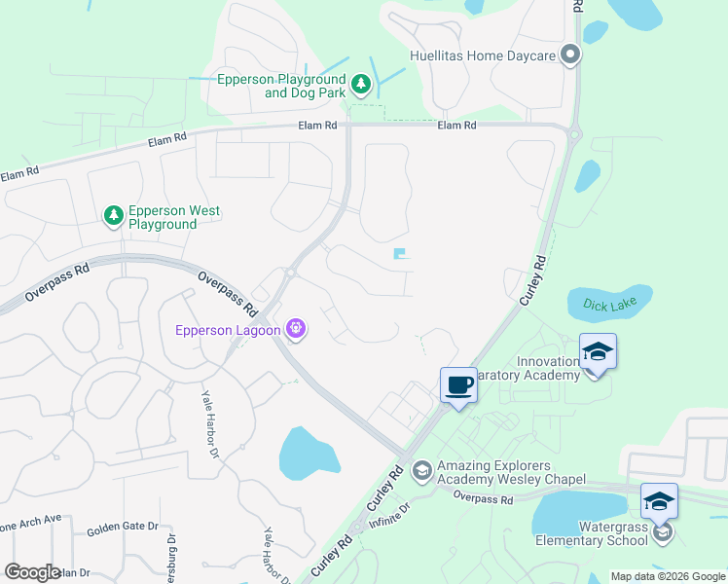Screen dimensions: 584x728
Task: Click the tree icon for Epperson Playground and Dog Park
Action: [361, 86]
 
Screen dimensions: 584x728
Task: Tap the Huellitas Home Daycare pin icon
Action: [570, 55]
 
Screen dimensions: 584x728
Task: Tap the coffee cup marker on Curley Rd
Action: [458, 385]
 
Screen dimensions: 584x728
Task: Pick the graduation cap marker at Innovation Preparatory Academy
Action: [598, 352]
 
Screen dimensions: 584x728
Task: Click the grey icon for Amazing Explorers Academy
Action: [421, 471]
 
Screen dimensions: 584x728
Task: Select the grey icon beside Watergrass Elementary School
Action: [663, 532]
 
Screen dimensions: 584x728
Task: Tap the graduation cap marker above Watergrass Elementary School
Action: [659, 501]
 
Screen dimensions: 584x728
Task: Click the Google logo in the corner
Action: [32, 572]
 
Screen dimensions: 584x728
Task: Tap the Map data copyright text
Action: [667, 576]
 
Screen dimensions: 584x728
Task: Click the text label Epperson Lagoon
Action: [228, 330]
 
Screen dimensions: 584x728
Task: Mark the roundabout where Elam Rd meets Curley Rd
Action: [573, 134]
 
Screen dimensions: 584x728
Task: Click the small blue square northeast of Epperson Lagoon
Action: [399, 254]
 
